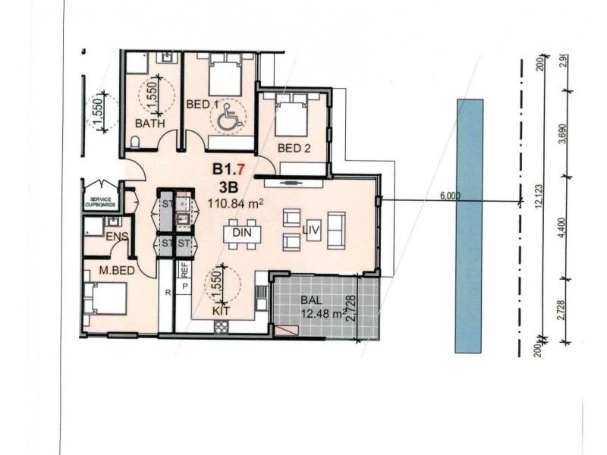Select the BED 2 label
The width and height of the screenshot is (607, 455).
pyautogui.click(x=294, y=149)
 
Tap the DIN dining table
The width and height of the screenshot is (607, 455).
pyautogui.click(x=242, y=233)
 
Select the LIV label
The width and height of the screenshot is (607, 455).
pyautogui.click(x=311, y=229)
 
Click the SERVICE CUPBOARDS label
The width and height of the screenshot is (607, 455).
pyautogui.click(x=102, y=199)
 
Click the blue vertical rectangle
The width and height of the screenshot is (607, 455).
pyautogui.click(x=470, y=225)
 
